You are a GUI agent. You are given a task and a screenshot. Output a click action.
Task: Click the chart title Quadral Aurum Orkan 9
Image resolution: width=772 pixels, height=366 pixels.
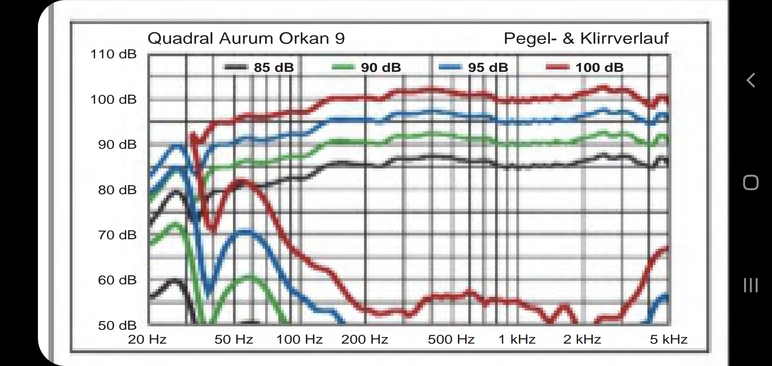[246, 38]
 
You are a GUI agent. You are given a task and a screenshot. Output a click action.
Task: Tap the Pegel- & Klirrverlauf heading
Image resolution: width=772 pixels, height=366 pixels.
[586, 38]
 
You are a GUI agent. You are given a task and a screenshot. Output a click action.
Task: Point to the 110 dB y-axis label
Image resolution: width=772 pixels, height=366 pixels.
[113, 54]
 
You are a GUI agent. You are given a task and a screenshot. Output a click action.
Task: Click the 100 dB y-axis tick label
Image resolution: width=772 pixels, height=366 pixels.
[113, 100]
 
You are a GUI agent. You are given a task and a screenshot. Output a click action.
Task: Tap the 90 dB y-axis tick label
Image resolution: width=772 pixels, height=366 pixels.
[117, 145]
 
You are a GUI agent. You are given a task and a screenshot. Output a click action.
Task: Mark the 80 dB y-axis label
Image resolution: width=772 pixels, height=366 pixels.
[117, 190]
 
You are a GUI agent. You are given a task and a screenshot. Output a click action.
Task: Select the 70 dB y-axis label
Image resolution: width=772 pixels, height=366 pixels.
[117, 235]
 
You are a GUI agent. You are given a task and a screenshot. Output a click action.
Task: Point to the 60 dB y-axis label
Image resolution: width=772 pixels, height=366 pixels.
[117, 280]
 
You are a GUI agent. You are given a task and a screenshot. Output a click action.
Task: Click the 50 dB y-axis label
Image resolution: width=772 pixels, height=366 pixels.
[117, 326]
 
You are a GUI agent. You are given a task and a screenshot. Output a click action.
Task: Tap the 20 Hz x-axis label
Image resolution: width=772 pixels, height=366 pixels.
[147, 339]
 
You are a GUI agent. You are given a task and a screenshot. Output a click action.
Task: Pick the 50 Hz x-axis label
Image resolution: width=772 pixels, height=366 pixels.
[234, 339]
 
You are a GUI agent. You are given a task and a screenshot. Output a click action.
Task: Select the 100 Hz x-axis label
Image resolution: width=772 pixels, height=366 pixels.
[299, 339]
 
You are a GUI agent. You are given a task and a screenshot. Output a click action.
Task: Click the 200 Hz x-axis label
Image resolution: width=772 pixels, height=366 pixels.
[364, 339]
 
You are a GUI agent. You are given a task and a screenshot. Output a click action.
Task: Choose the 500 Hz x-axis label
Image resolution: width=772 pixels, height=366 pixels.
[451, 339]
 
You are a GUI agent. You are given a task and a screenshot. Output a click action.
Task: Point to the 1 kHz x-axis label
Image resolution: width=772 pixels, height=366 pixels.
[517, 339]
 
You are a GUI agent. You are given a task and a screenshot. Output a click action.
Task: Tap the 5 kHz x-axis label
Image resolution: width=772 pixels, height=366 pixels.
[668, 339]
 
